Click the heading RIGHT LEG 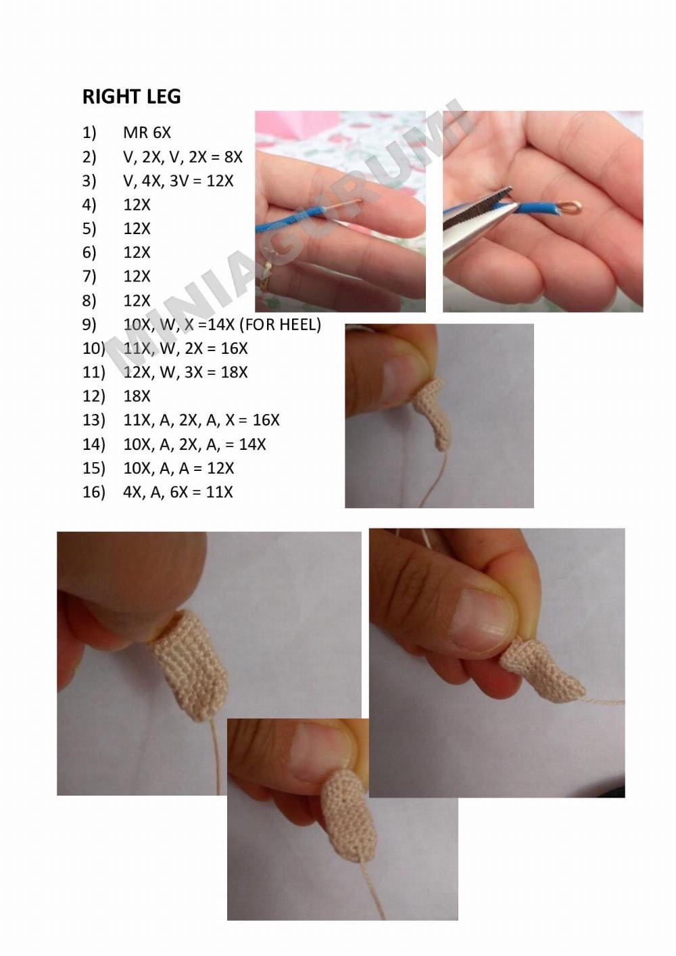[131, 97]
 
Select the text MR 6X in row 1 [147, 133]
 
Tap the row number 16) [94, 492]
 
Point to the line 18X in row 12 [137, 396]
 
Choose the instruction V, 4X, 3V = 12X [178, 181]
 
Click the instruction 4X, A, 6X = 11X [178, 492]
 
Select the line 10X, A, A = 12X [178, 468]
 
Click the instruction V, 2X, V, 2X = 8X [183, 157]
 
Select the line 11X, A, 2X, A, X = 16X [201, 420]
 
